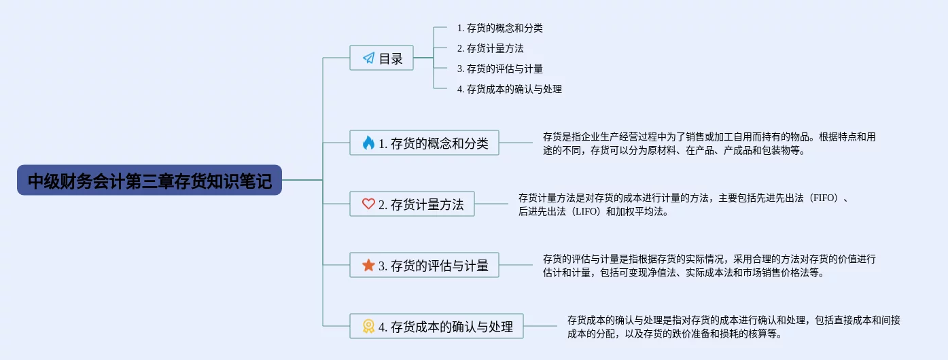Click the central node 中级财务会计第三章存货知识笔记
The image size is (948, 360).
tap(150, 181)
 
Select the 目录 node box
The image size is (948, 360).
tap(381, 58)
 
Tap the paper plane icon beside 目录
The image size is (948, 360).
tap(368, 58)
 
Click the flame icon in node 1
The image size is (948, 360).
tap(368, 143)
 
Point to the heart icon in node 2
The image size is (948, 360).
tap(368, 204)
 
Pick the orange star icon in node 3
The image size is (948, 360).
tap(368, 266)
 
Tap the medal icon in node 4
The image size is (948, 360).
tap(368, 327)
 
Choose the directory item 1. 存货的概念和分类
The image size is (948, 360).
tap(499, 29)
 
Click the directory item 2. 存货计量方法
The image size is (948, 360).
tap(490, 49)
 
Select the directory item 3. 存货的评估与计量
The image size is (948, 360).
tap(499, 69)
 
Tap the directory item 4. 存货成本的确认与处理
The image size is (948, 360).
tap(509, 89)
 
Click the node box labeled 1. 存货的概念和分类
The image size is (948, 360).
tap(424, 143)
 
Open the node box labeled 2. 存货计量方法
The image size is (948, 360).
tap(412, 204)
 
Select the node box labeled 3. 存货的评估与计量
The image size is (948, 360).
tap(424, 266)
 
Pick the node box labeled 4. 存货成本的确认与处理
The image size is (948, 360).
tap(436, 327)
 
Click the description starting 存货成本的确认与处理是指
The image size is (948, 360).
tap(733, 327)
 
